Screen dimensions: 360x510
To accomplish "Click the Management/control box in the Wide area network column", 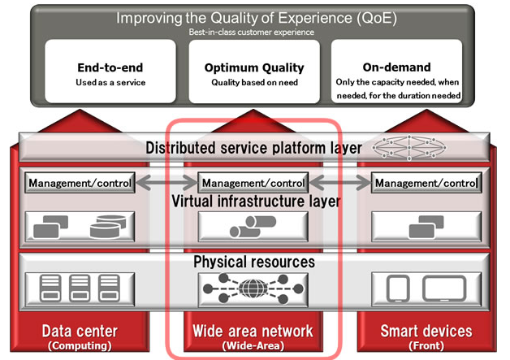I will tap(253, 183).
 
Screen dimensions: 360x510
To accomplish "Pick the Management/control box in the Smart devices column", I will tap(426, 183).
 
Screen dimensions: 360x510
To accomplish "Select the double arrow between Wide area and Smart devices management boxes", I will tap(340, 183).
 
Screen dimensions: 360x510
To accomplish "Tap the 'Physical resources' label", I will tap(253, 262).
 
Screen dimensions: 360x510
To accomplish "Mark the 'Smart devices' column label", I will tap(426, 332).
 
